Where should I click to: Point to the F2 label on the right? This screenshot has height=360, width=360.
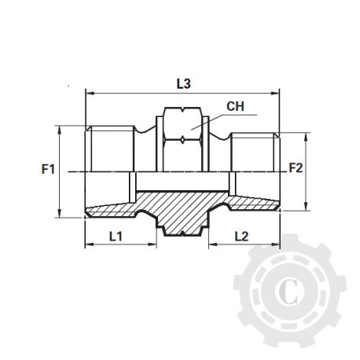pos(296,167)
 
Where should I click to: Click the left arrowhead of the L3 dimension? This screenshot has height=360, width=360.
pos(87,91)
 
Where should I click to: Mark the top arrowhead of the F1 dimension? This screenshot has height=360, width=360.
pos(61,130)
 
